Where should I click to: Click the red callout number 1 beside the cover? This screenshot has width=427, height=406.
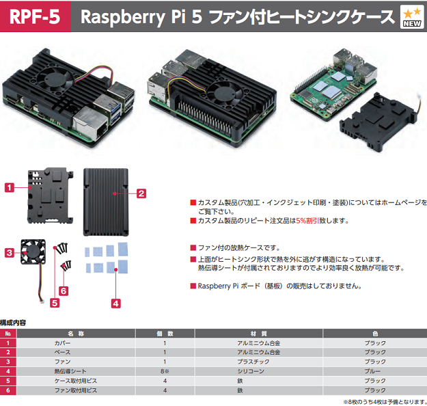pos(10,187)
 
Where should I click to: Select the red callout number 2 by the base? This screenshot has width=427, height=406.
pos(141,193)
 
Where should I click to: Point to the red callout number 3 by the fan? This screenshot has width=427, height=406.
pos(9,252)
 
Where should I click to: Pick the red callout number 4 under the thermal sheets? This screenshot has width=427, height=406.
pos(115,302)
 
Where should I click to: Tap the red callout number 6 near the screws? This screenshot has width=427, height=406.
pos(64,290)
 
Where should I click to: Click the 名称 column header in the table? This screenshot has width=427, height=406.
pos(76,334)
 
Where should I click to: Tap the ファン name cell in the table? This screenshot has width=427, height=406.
pos(62,362)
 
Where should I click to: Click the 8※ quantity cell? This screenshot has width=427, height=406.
pos(165,371)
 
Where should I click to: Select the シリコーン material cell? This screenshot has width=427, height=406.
pos(249,371)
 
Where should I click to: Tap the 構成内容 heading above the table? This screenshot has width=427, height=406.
pos(14,322)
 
